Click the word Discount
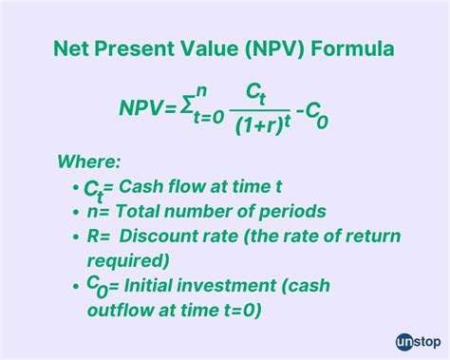pyautogui.click(x=159, y=237)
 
